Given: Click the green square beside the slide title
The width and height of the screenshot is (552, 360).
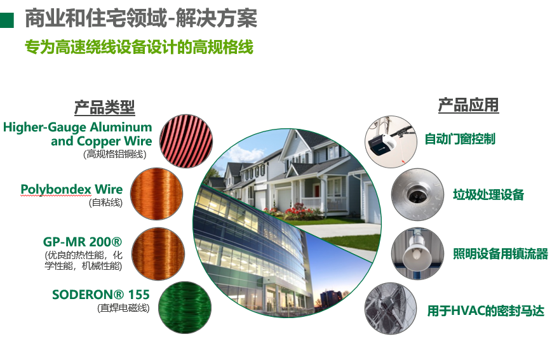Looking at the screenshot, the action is [x=7, y=20].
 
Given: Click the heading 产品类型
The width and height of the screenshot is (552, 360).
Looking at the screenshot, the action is [x=105, y=107].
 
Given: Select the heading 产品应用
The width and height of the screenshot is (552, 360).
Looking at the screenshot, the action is [x=468, y=105].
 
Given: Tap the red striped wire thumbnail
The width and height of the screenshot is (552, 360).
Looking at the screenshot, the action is [x=186, y=141].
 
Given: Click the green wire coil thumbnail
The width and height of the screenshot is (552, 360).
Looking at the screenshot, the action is [x=185, y=307].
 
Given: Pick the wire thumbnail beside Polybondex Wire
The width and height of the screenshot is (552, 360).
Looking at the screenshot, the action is [x=157, y=194].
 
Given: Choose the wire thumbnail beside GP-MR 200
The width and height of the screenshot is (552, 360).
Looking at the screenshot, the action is [x=158, y=254].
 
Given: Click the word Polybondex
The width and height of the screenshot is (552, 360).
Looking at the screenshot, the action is [x=56, y=189].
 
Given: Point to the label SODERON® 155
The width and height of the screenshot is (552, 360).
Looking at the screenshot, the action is [x=101, y=295].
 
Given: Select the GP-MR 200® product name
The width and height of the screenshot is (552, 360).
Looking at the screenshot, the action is [x=83, y=242].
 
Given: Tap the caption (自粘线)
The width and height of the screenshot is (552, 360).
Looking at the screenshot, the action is [x=105, y=203].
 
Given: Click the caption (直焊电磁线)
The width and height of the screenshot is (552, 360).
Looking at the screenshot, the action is [x=123, y=309].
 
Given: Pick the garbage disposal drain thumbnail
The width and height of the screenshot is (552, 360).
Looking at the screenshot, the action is [x=417, y=195].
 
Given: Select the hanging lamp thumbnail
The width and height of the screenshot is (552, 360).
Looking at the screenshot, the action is [x=417, y=253].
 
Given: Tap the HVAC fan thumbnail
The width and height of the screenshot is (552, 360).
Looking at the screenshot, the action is [x=391, y=309].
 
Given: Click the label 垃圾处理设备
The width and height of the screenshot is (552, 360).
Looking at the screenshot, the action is [x=488, y=195].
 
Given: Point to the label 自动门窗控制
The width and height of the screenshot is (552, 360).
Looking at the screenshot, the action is [x=460, y=139].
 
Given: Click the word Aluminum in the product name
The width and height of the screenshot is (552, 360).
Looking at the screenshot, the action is [x=121, y=127].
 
